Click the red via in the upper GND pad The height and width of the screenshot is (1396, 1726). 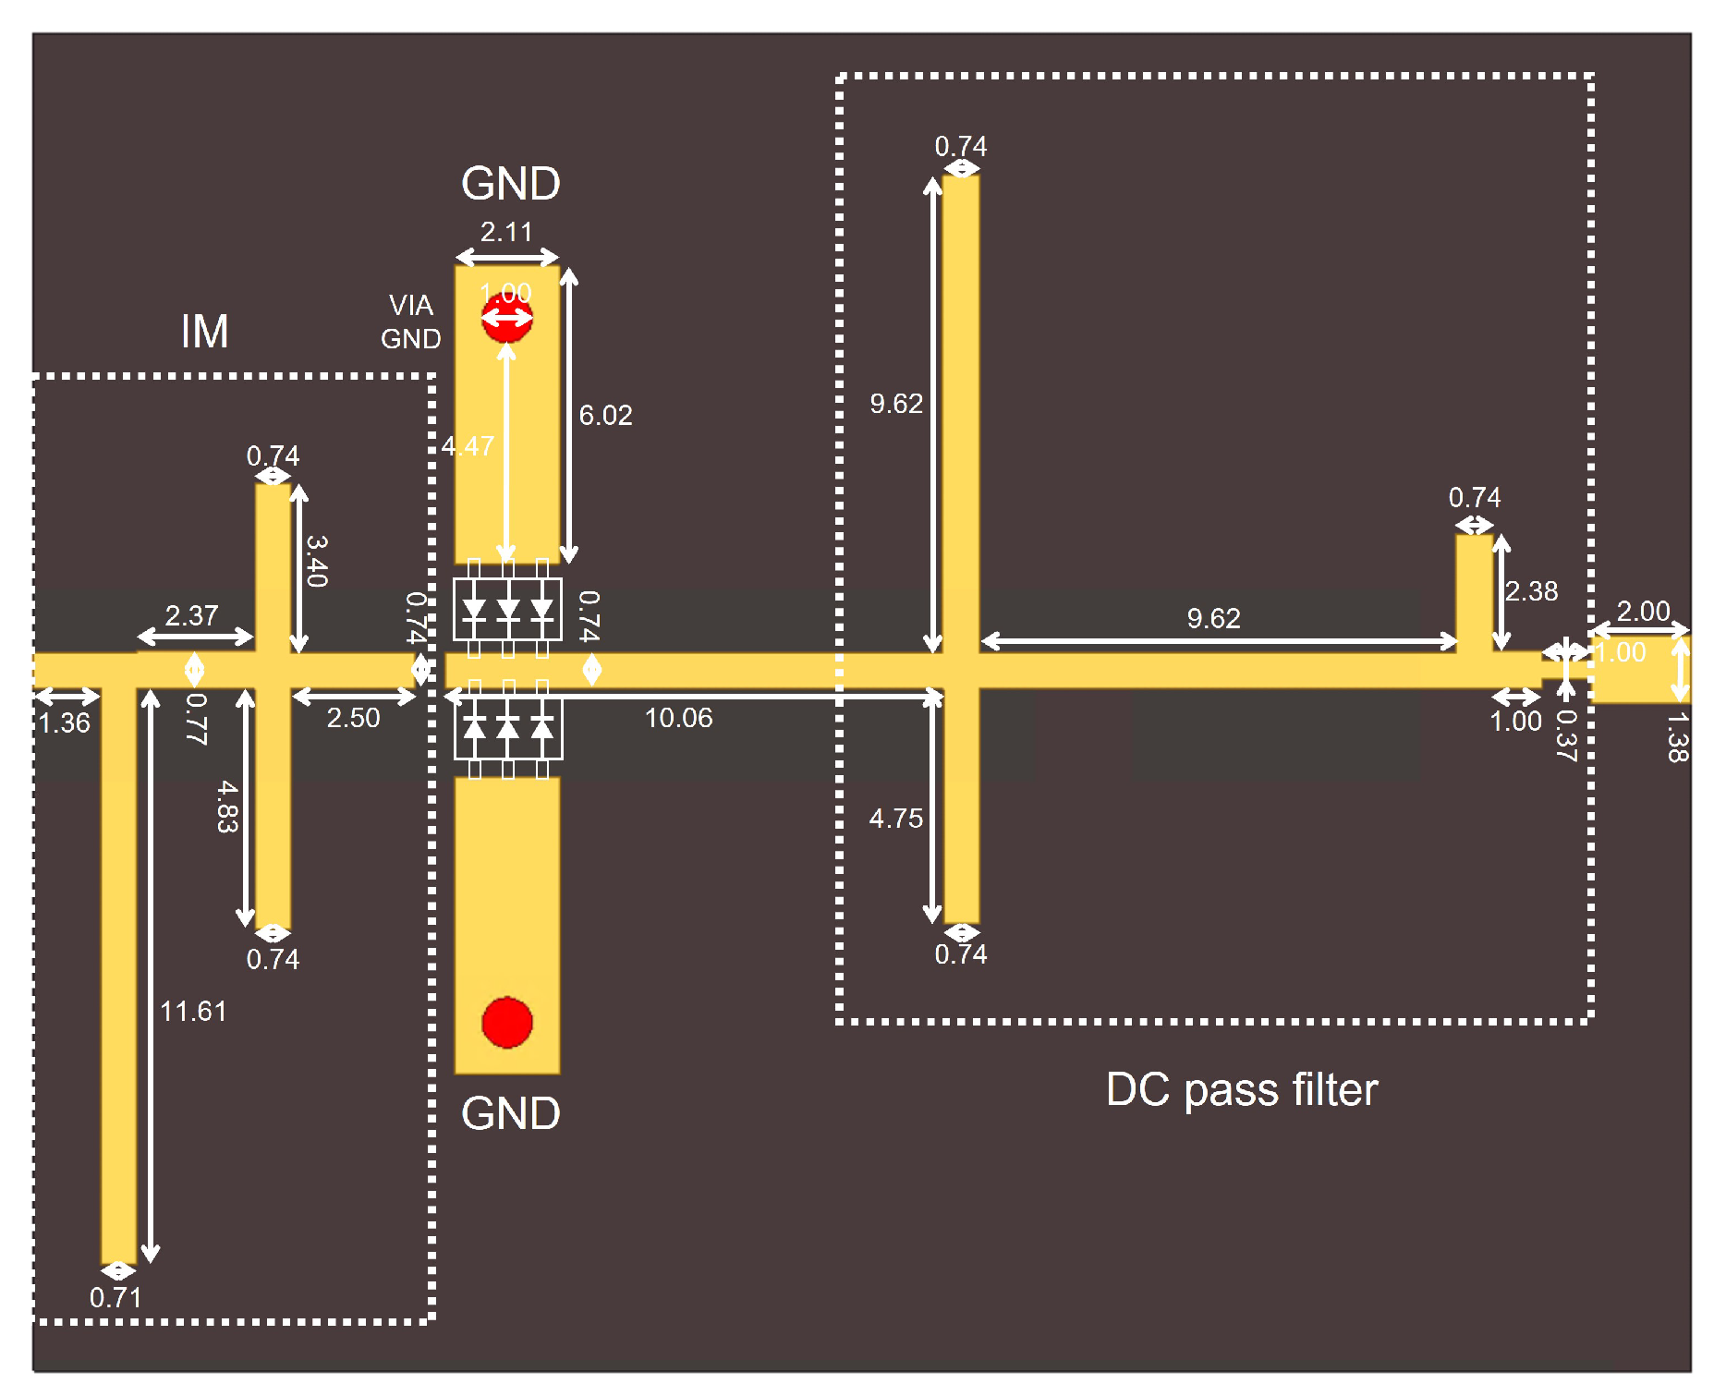click(x=506, y=318)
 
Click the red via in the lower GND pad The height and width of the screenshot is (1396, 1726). click(x=506, y=1023)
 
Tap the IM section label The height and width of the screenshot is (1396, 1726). click(x=204, y=332)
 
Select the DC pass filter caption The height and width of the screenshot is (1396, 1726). click(x=1241, y=1090)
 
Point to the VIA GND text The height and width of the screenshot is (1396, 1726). click(x=411, y=322)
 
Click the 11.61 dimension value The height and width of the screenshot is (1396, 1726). click(x=193, y=1012)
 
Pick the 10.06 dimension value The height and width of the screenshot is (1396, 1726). click(x=678, y=718)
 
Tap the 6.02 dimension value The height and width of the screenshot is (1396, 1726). click(x=605, y=416)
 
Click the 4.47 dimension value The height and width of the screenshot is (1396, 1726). click(x=468, y=446)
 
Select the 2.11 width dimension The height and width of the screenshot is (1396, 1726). click(x=506, y=232)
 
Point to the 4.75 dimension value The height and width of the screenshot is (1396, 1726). click(x=895, y=819)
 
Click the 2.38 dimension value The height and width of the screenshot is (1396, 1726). click(x=1531, y=591)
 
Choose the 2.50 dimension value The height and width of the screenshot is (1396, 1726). click(x=353, y=718)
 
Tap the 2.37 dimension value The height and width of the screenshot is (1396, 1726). click(x=191, y=615)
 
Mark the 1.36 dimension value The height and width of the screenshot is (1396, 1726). click(x=65, y=722)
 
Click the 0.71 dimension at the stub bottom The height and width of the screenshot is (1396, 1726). click(x=115, y=1298)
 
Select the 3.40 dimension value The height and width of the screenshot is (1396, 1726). click(x=317, y=561)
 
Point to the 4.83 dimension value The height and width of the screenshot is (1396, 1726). click(x=227, y=807)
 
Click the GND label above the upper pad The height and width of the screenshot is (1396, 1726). click(x=510, y=184)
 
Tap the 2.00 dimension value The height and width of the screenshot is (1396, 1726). click(x=1643, y=611)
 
